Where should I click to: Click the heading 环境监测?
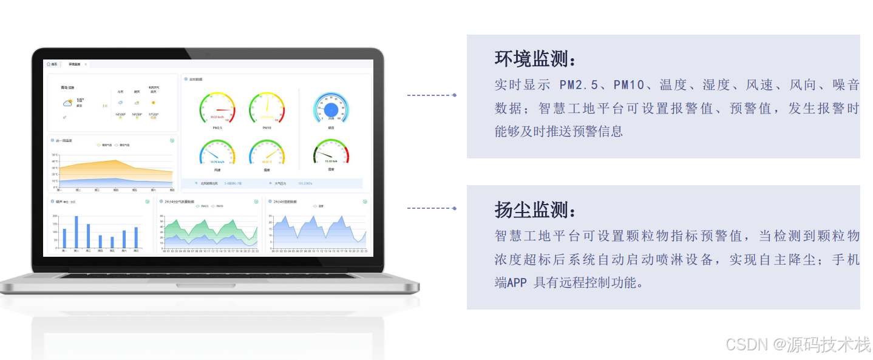point(535,59)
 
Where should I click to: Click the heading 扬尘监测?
point(535,210)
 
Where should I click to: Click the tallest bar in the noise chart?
point(76,231)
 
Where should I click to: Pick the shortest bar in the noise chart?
point(112,242)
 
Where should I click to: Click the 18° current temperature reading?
point(80,100)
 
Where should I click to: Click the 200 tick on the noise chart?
point(56,216)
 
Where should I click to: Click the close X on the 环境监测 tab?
point(86,64)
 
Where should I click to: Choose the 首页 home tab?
point(52,64)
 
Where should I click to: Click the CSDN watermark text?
point(797,345)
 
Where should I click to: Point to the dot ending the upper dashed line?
point(455,95)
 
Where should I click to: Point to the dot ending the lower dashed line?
point(455,208)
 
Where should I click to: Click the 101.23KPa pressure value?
point(305,183)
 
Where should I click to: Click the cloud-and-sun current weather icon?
point(67,103)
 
